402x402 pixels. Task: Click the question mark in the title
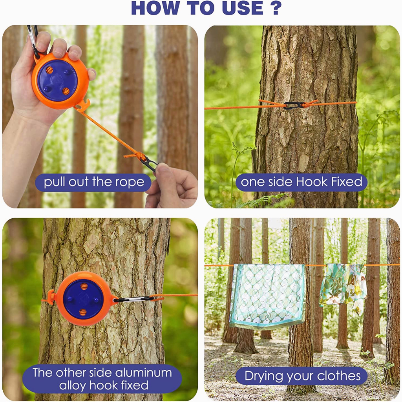pos(275,8)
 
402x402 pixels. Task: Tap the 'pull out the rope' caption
pos(94,182)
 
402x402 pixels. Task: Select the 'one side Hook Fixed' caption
pos(301,182)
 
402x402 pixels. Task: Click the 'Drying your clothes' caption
pos(302,376)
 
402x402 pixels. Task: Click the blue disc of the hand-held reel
pos(57,80)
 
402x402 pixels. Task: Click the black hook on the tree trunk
pos(294,105)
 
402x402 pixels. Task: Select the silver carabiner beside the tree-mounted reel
pos(133,299)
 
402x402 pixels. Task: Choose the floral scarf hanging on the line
pos(343,285)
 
